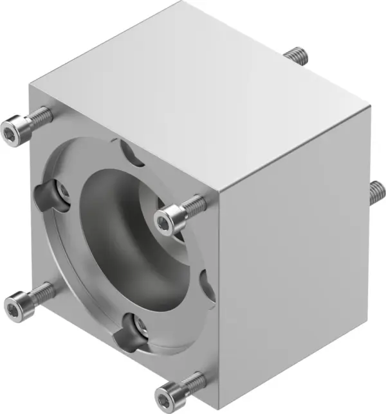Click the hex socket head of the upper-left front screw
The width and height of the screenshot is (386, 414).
[x=13, y=131]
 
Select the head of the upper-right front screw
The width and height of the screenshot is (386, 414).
[x=170, y=218]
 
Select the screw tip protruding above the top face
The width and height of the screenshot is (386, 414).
[x=297, y=55]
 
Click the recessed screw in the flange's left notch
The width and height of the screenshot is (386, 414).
[x=62, y=191]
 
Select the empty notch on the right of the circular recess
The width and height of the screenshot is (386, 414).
[x=207, y=286]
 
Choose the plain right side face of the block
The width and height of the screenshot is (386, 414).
[x=296, y=257]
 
